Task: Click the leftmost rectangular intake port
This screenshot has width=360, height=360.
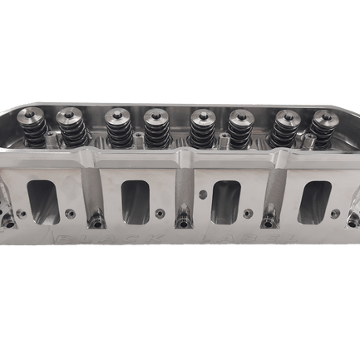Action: pos(41,200)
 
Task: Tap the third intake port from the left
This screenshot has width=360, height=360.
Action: pos(226,200)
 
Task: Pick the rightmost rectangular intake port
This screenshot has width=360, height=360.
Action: pos(315,200)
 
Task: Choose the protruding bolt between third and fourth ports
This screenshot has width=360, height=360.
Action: pos(268,221)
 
